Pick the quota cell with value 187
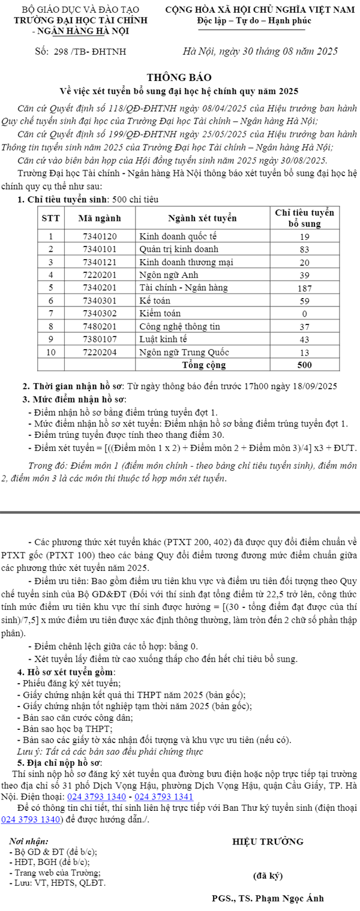(304, 288)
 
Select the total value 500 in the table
(304, 365)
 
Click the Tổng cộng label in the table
(203, 365)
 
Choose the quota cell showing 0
(304, 313)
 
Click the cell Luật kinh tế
(162, 339)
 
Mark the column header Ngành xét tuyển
(202, 218)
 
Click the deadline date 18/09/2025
(314, 386)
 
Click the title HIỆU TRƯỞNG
(268, 841)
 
